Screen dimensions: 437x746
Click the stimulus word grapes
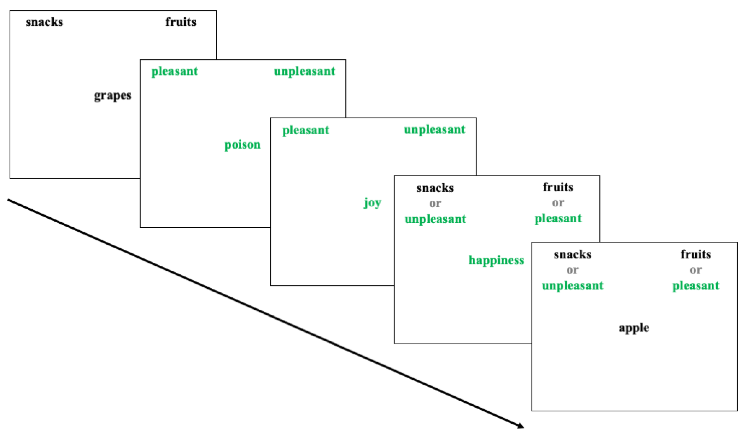tap(113, 96)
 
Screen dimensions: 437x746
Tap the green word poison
tap(243, 145)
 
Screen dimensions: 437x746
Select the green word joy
tap(372, 203)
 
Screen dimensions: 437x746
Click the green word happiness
tap(496, 260)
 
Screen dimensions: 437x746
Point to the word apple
tap(634, 328)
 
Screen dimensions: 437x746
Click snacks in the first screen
tap(44, 22)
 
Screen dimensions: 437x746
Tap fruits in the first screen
tap(181, 22)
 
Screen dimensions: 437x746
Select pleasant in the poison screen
tap(175, 71)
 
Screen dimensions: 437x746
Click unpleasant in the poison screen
tap(304, 71)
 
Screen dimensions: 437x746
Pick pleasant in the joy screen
tap(306, 130)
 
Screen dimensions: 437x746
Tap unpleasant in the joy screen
tap(435, 129)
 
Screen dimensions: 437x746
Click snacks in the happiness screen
tap(435, 188)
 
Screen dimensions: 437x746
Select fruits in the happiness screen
tap(558, 187)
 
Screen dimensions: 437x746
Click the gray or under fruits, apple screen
tap(695, 270)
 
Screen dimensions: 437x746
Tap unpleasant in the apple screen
tap(573, 286)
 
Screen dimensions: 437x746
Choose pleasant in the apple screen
tap(696, 286)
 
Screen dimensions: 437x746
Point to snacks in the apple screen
tap(573, 255)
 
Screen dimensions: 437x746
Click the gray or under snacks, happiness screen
tap(435, 204)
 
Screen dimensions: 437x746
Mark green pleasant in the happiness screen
tap(558, 219)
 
